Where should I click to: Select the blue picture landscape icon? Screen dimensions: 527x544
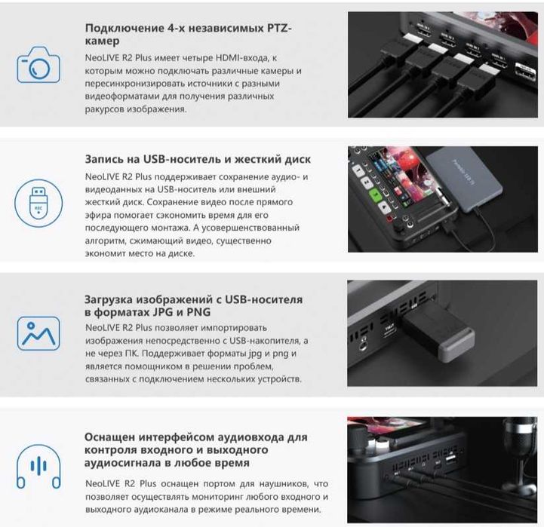click(38, 332)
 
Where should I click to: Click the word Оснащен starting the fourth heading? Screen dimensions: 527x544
click(112, 437)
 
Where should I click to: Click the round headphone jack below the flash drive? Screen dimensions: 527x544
click(365, 348)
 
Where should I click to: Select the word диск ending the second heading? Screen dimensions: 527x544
click(295, 159)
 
